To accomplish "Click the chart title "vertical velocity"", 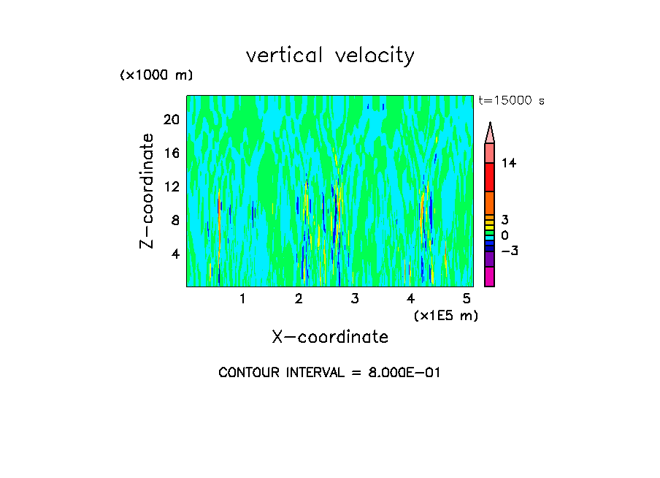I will [330, 56].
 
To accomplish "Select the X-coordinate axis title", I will [330, 337].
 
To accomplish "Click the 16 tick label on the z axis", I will [171, 153].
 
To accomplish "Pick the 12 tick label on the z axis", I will [171, 186].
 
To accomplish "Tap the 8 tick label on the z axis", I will [174, 220].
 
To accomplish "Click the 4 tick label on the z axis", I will [174, 254].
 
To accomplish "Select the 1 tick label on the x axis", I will [242, 298].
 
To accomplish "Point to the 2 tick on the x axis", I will [299, 298].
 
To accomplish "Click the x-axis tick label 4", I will [411, 298].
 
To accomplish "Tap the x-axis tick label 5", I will [467, 298].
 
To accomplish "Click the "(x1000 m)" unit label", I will [156, 76].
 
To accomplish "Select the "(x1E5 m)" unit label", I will [445, 315].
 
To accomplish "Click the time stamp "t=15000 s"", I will [511, 101].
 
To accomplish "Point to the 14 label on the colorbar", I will [509, 163].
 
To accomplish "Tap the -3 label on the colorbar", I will [509, 251].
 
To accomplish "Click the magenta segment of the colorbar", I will [489, 276].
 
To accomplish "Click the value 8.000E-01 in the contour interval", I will [398, 373].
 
